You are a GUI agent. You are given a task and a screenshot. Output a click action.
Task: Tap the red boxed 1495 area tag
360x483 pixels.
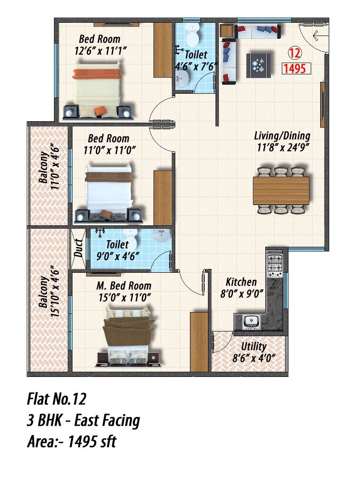click(x=297, y=69)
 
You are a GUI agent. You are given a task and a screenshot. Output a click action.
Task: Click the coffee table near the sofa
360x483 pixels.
click(x=259, y=66)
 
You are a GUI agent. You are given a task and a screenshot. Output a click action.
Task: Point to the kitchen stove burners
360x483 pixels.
click(x=275, y=266)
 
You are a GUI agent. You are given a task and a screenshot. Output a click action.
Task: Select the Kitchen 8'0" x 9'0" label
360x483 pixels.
click(x=241, y=287)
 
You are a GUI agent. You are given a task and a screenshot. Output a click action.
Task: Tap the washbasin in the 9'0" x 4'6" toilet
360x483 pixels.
click(x=162, y=235)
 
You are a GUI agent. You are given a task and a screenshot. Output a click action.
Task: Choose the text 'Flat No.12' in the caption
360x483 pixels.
click(x=56, y=399)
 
